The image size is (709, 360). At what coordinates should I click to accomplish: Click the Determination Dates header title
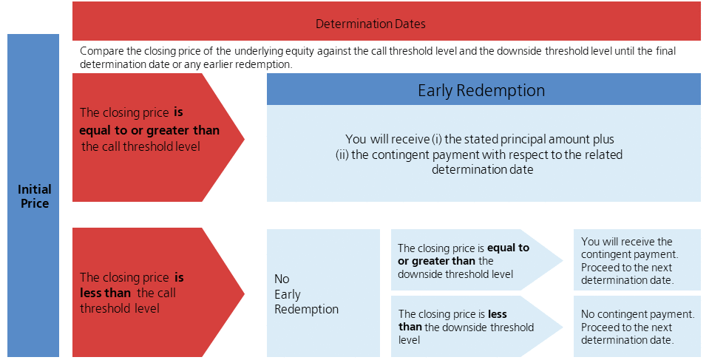tap(370, 24)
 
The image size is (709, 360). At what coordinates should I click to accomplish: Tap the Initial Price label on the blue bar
tap(34, 196)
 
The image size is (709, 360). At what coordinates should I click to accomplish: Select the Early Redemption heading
tap(481, 90)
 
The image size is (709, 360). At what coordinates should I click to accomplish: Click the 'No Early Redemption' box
tap(323, 293)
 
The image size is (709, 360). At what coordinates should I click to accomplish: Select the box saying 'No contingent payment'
tap(637, 326)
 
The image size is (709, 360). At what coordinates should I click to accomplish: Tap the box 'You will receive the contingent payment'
tap(637, 259)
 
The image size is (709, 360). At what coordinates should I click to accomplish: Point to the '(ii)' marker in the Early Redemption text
tap(342, 154)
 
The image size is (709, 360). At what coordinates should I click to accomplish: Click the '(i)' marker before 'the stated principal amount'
tap(436, 139)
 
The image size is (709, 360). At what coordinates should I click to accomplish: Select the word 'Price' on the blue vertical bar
tap(35, 203)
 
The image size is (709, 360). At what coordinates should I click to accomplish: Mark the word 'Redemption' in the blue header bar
tap(501, 90)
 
